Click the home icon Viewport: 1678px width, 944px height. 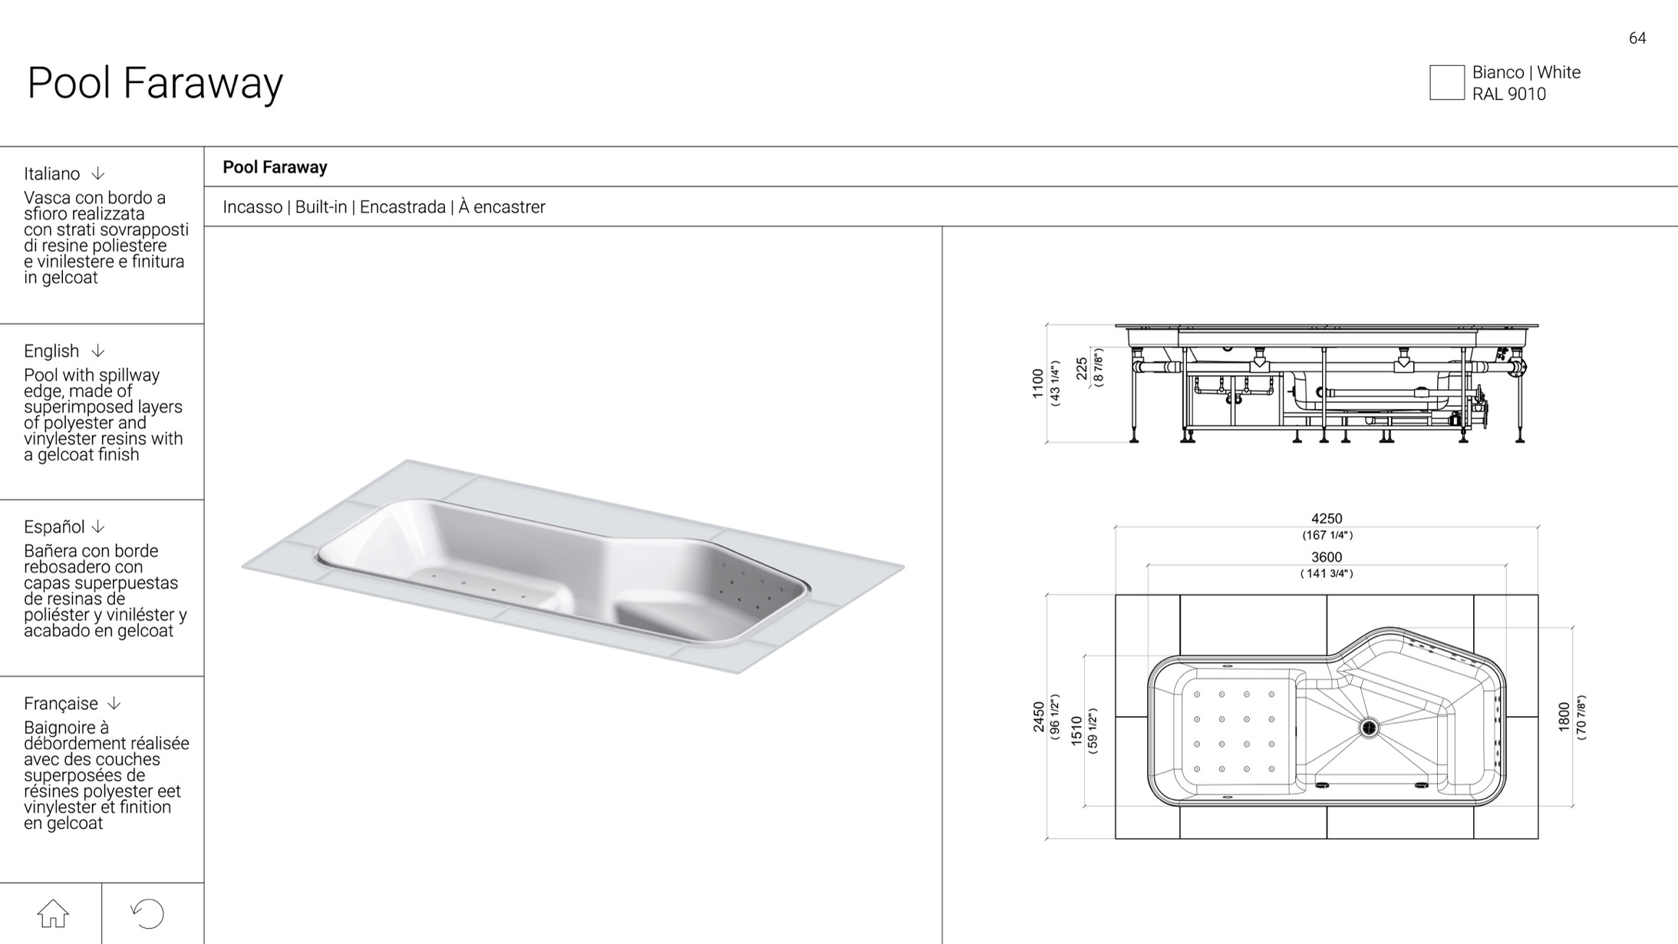[53, 913]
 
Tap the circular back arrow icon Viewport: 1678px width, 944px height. [147, 913]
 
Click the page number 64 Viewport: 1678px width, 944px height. [1637, 38]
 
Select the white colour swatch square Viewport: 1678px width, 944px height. [1446, 83]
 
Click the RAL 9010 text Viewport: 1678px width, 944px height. [1508, 94]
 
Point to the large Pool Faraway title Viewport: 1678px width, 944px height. [155, 83]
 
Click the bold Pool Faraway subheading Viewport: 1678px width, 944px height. [275, 167]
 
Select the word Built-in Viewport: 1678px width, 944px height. [321, 207]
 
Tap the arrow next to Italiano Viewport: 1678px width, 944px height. [97, 173]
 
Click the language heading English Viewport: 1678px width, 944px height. [51, 351]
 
